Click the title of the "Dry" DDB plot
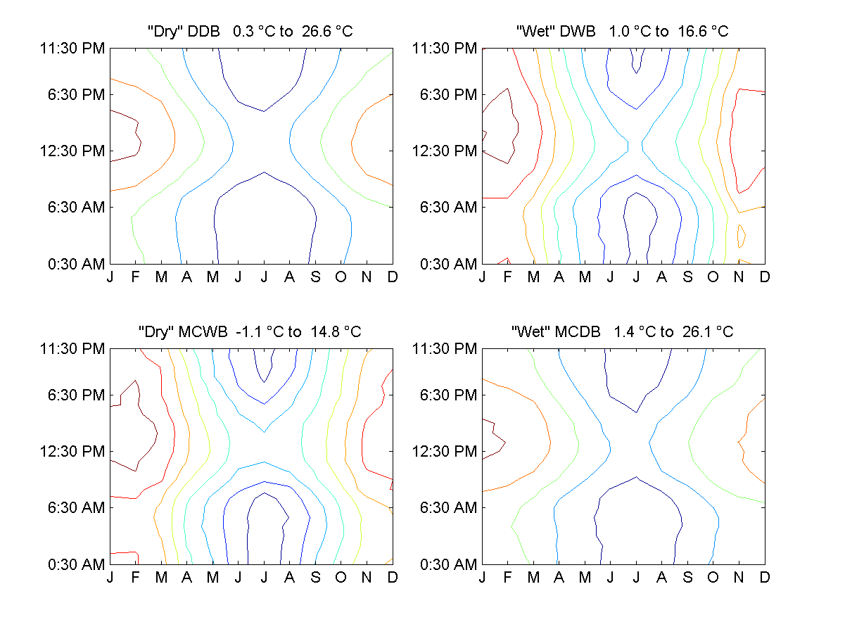tap(250, 32)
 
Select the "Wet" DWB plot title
tap(623, 32)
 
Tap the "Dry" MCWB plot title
tap(250, 332)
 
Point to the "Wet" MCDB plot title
tap(623, 332)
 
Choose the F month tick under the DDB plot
tap(136, 277)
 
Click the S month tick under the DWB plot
tap(687, 277)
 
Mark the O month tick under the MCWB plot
tap(341, 578)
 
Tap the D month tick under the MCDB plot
tap(765, 578)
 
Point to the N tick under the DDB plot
tap(367, 277)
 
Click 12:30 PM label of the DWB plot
tap(445, 151)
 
